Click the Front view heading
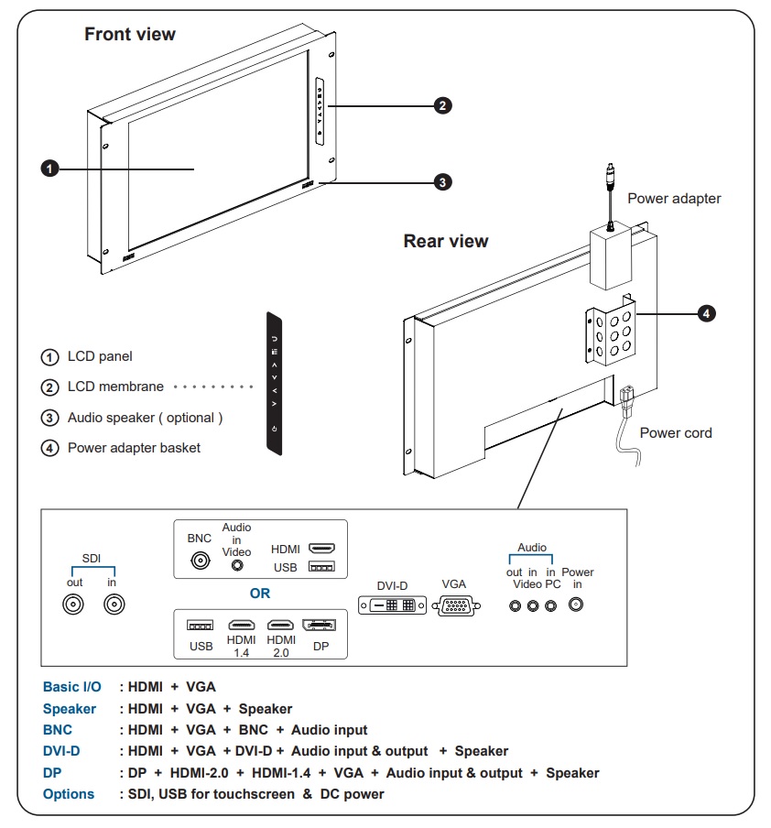[x=130, y=35]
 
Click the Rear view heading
[x=446, y=242]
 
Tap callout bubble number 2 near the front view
[x=441, y=105]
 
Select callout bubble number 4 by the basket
[x=706, y=313]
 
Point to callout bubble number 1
[x=49, y=169]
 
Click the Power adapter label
[x=674, y=199]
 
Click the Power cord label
[x=676, y=433]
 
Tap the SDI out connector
[x=74, y=605]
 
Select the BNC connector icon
[x=199, y=562]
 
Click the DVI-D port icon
[x=392, y=605]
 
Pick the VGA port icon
[x=456, y=605]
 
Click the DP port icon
[x=319, y=625]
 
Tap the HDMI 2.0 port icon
[x=280, y=625]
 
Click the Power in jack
[x=577, y=605]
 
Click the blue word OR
[x=260, y=594]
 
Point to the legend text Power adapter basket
[x=134, y=448]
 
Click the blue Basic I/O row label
[x=72, y=686]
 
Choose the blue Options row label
[x=69, y=794]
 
